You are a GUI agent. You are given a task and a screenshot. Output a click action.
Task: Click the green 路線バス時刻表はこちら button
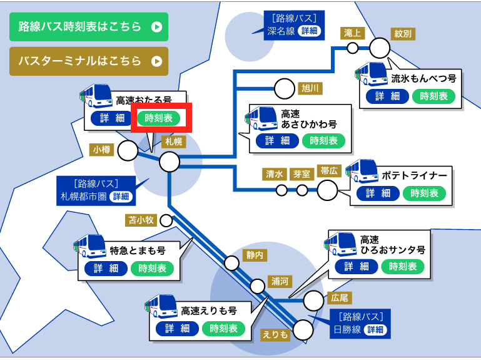click(89, 27)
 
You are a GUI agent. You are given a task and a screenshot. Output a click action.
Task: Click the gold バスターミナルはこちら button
click(89, 61)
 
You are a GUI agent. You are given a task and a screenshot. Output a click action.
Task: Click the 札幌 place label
click(173, 141)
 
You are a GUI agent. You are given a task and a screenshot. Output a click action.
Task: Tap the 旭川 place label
click(310, 88)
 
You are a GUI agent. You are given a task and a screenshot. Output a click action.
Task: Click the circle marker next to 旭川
click(285, 88)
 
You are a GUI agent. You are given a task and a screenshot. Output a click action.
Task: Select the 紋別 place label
click(402, 33)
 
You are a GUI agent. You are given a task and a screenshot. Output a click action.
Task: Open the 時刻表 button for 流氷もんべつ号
click(433, 96)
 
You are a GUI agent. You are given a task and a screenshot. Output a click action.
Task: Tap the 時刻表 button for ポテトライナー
click(424, 193)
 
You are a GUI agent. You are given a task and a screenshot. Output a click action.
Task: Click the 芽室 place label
click(302, 174)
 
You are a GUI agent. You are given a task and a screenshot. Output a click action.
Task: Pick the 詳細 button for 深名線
click(310, 31)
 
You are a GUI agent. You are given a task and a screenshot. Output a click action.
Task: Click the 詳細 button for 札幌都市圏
click(121, 197)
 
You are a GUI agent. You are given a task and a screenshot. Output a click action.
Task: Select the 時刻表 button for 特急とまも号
click(153, 268)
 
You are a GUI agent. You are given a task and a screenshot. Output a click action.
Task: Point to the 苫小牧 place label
click(141, 220)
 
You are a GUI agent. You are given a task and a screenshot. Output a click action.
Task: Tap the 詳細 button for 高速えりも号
click(178, 328)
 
